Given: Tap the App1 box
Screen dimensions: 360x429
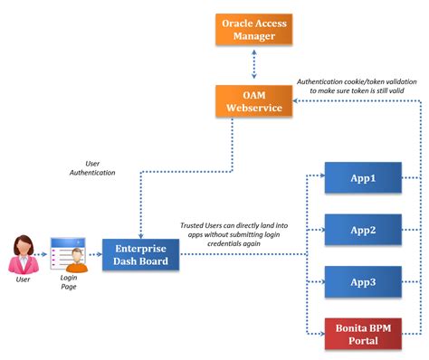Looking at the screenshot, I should click(x=362, y=178).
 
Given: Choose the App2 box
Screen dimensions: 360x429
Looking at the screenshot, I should click(x=362, y=230).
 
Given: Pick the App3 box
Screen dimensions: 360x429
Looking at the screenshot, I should click(x=362, y=281).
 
